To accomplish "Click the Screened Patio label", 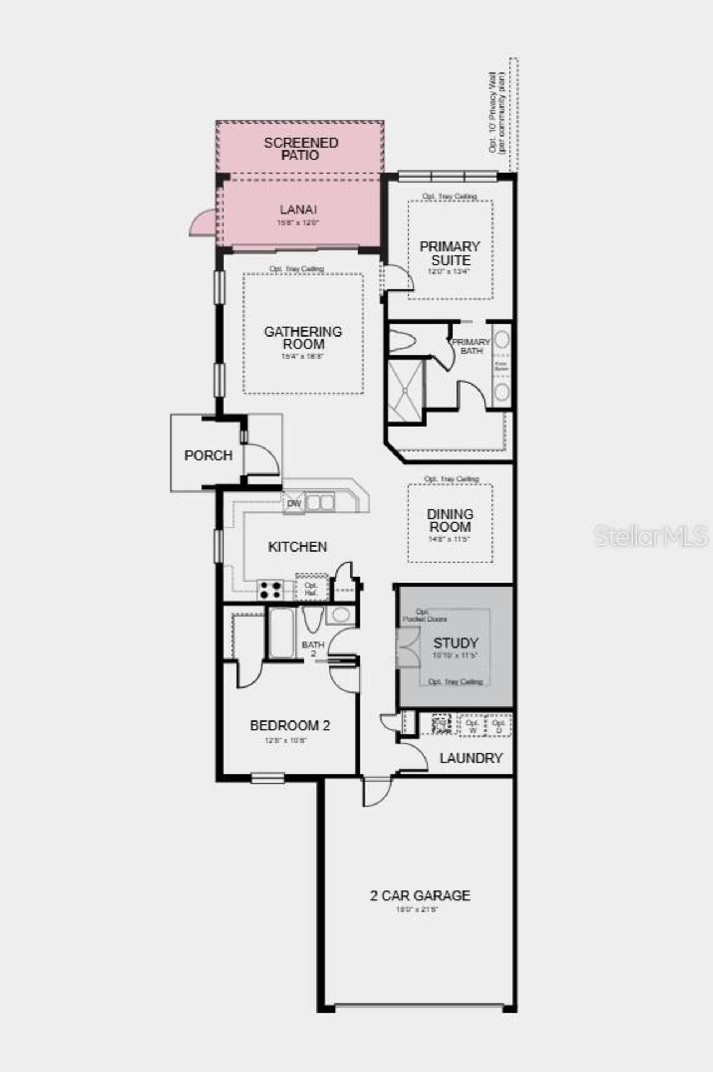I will coord(301,149).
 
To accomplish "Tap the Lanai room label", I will coord(299,209).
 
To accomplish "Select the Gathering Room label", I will coord(303,338).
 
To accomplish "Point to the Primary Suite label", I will coord(450,253).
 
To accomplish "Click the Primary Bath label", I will coord(471,346).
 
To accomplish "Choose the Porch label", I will coord(208,455).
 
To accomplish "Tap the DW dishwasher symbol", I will coord(294,503).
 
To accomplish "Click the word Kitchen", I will coord(297,547).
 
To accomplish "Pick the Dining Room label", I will coord(450,520).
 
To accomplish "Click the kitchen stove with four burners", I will coord(270,589).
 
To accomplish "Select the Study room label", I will coord(456,643).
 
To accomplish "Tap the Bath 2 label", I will coord(313,649).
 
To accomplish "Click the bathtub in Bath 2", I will coord(281,632).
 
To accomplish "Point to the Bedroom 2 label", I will coord(290,725).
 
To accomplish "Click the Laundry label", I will coord(471,758).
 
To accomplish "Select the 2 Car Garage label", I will coord(420,895).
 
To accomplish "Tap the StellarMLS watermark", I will coord(651,536).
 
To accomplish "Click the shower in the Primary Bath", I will coord(406,390).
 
